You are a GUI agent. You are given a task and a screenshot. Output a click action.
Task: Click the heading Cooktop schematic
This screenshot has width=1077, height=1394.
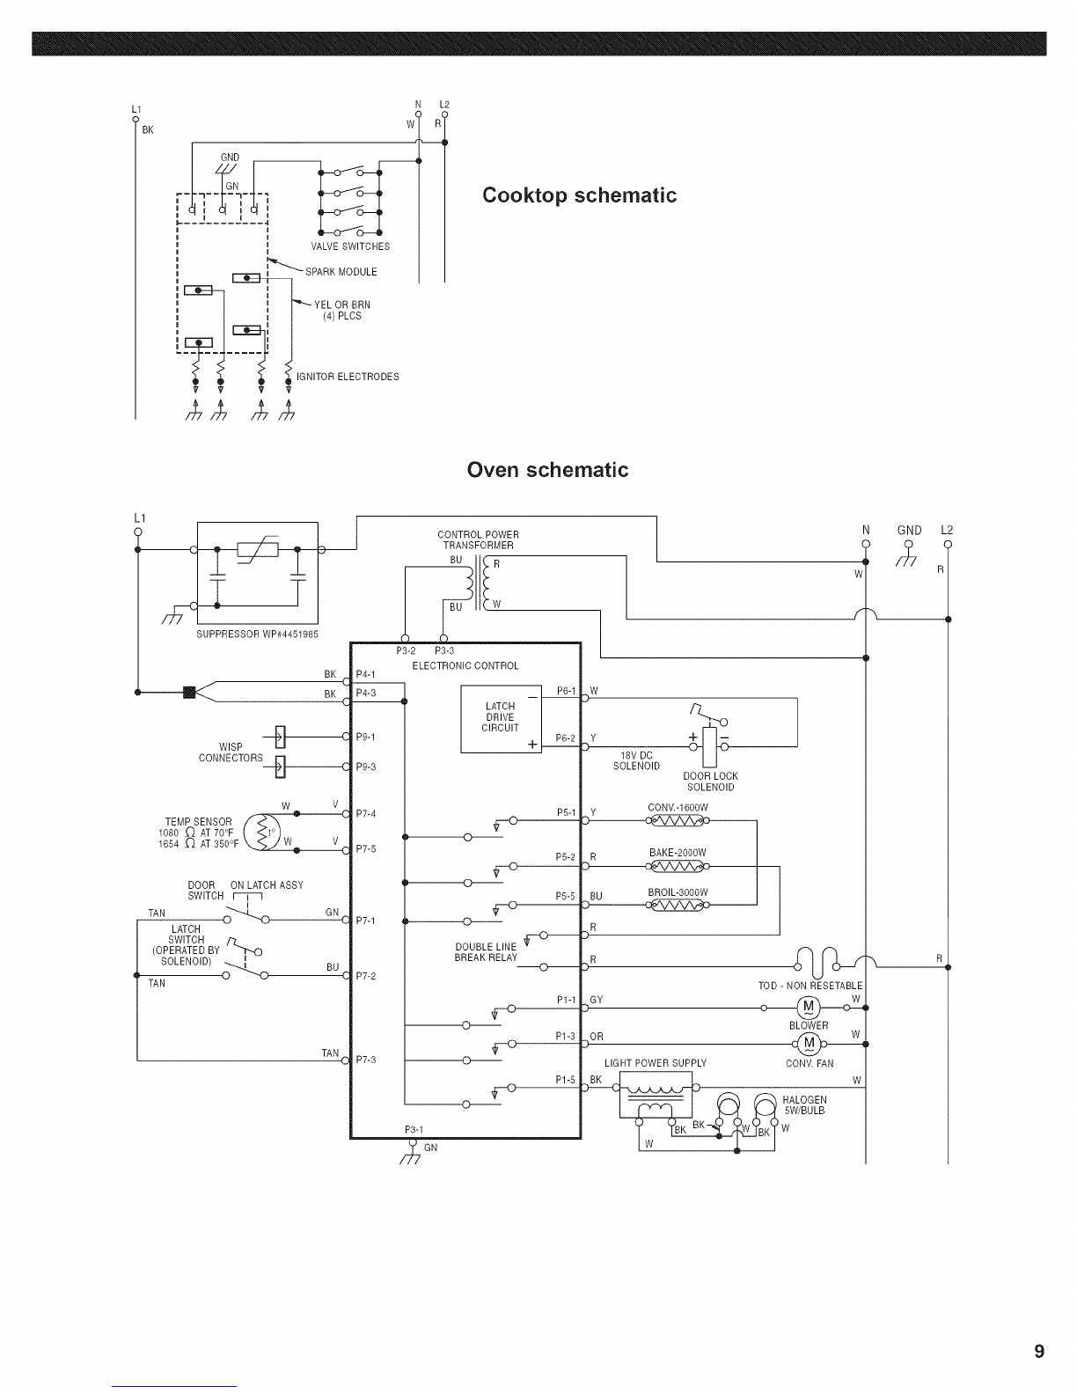pos(580,194)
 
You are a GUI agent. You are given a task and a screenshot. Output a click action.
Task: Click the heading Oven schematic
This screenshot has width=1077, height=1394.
pos(547,469)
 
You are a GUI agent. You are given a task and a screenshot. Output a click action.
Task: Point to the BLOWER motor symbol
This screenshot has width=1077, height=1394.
pos(808,1007)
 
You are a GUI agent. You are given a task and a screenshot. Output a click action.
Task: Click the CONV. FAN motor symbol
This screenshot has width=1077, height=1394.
pos(808,1045)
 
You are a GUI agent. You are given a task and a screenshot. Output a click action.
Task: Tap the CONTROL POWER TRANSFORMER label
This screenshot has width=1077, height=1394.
pos(478,539)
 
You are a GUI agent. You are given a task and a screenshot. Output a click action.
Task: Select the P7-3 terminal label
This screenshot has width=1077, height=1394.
pos(366,1059)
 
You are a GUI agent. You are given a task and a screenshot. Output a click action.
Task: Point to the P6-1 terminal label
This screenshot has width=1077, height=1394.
pos(566,691)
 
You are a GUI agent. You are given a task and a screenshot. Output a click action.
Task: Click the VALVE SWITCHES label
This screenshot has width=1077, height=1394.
pos(350,246)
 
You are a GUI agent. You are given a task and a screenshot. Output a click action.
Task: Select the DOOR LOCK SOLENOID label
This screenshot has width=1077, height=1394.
pos(711,781)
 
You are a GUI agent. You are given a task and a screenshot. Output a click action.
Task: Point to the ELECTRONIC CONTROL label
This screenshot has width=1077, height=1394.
pos(465,665)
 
